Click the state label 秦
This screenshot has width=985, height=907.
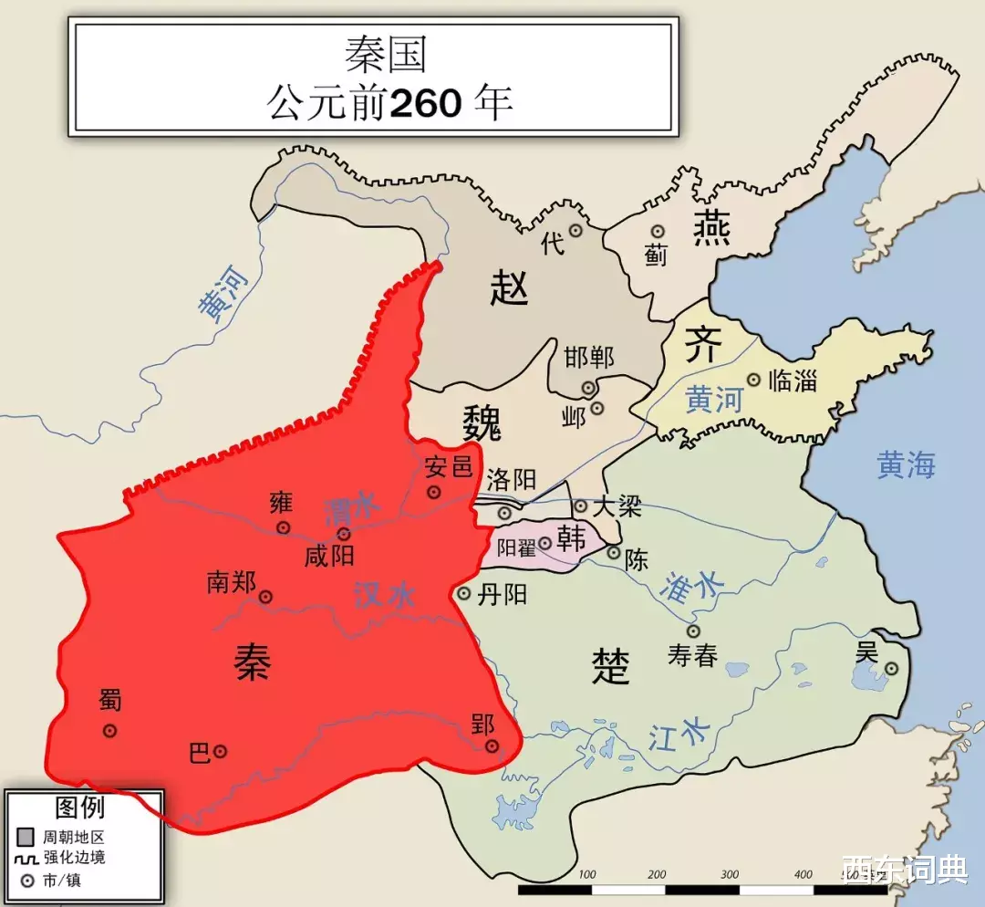click(252, 660)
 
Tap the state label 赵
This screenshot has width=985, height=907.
click(509, 288)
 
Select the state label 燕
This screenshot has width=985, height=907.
click(708, 227)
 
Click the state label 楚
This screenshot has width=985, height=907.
click(610, 665)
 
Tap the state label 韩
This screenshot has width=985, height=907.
click(572, 539)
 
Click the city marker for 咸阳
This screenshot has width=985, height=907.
click(343, 534)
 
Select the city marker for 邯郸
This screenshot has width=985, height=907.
click(588, 388)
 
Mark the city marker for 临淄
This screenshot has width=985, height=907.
click(753, 380)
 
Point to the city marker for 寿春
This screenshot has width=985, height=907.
click(693, 631)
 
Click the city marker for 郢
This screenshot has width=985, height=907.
click(493, 746)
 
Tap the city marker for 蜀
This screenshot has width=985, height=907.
click(109, 730)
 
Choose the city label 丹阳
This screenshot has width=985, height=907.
click(503, 595)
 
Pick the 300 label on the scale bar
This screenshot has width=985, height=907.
click(730, 874)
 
